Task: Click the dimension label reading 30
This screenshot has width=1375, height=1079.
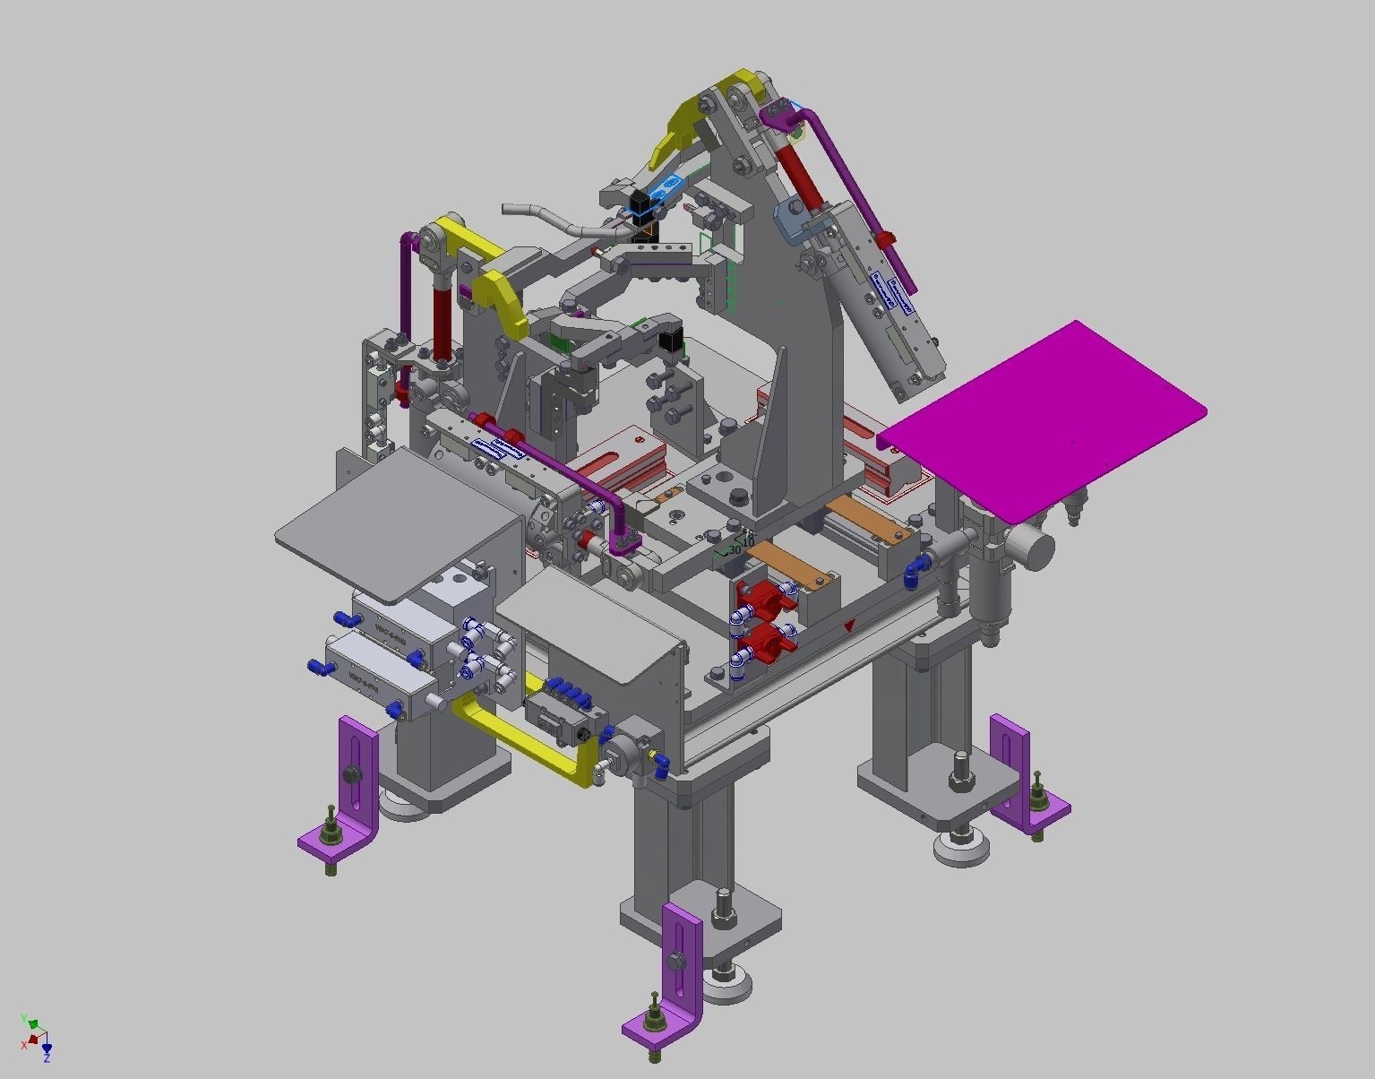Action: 735,549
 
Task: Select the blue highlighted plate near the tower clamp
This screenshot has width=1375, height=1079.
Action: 667,188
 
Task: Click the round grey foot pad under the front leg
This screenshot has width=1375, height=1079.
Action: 727,986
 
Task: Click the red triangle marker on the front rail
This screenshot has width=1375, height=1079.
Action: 848,626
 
